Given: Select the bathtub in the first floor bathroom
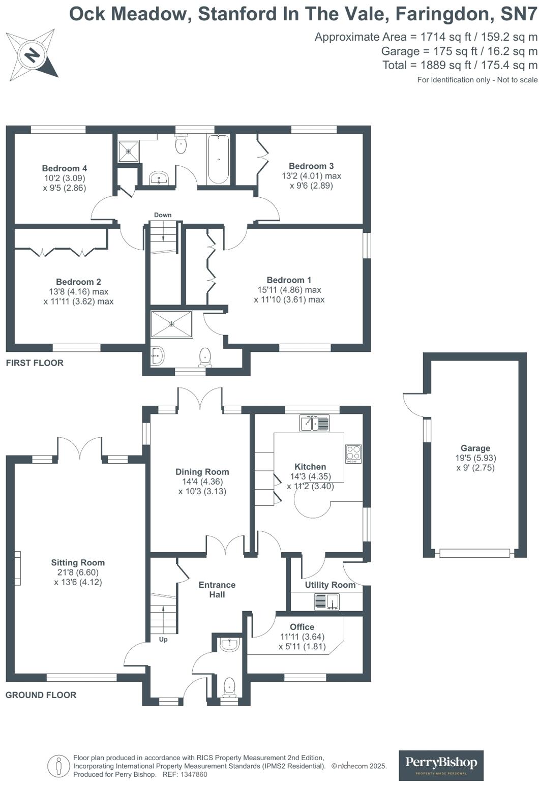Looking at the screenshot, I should [218, 159].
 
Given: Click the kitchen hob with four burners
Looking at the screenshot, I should [353, 453].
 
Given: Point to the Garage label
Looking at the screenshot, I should [475, 448].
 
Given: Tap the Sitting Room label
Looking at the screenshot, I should [78, 562].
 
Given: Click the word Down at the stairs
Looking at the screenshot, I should [163, 215].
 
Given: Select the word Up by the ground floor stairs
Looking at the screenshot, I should [163, 640].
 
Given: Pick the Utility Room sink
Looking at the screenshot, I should [327, 602].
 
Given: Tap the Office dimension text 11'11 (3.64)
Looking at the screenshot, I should [302, 637].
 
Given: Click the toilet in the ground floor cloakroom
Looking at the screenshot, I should [229, 686].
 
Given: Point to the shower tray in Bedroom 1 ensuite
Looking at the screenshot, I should [172, 324].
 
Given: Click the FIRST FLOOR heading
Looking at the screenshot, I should [35, 363].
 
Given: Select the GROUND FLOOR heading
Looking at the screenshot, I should [41, 695].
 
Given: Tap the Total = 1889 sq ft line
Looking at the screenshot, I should [460, 65].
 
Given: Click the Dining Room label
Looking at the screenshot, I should [202, 472].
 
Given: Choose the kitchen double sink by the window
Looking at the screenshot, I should [315, 423].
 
